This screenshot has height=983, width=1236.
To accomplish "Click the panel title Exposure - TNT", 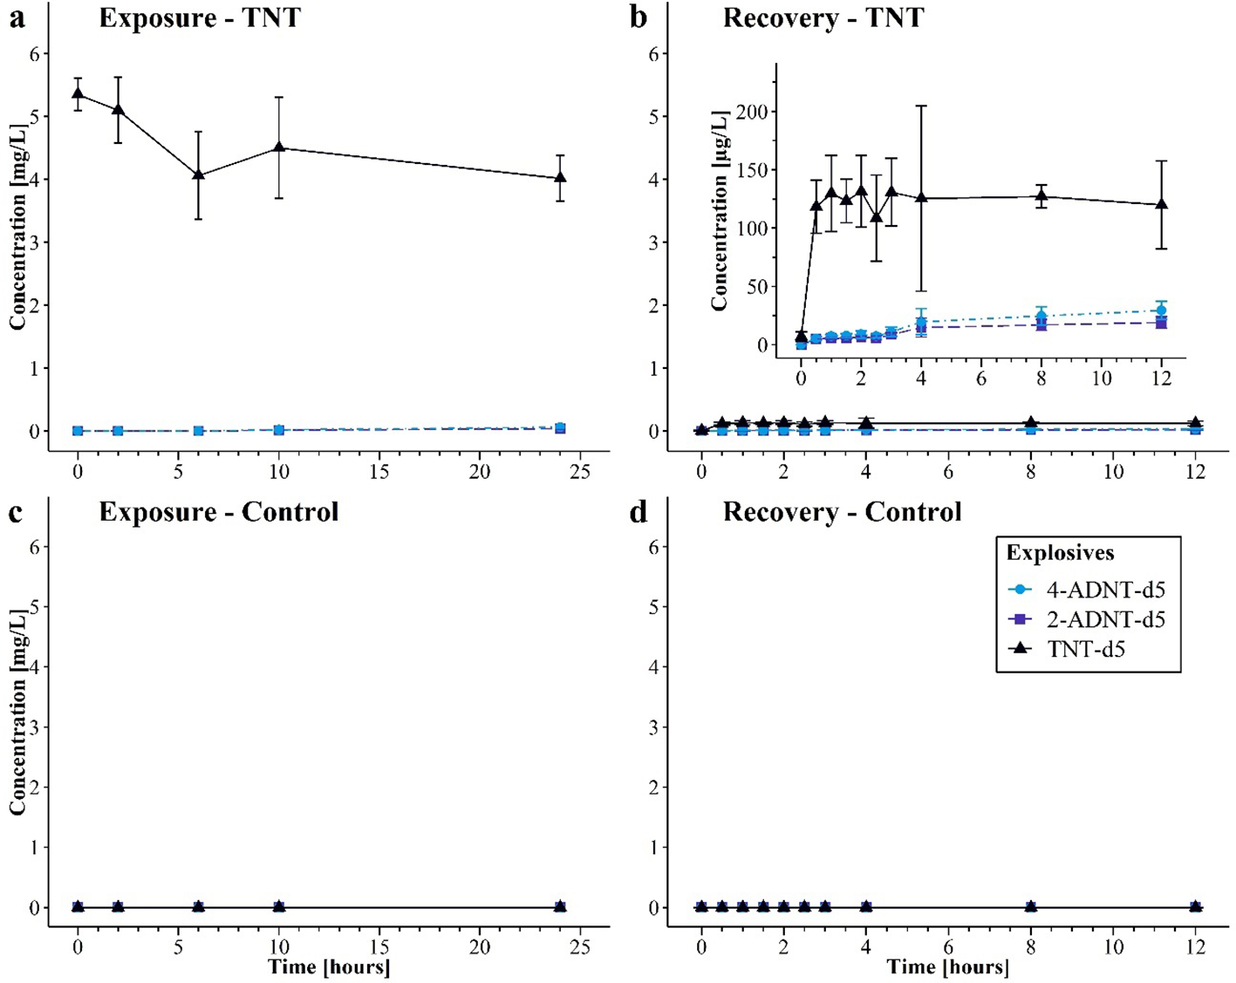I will pyautogui.click(x=199, y=17).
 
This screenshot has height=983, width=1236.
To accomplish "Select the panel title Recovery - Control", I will pyautogui.click(x=842, y=511).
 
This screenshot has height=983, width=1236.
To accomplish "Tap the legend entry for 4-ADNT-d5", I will pyautogui.click(x=1105, y=590).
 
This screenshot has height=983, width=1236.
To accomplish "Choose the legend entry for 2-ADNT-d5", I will pyautogui.click(x=1105, y=620).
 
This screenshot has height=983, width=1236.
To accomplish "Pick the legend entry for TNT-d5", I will pyautogui.click(x=1085, y=649).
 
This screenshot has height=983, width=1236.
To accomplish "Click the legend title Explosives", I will pyautogui.click(x=1060, y=553).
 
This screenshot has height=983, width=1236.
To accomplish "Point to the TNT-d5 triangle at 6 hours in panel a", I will pyautogui.click(x=198, y=174).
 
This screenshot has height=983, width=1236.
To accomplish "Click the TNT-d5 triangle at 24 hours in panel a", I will pyautogui.click(x=560, y=177).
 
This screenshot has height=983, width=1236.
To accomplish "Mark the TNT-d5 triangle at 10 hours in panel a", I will pyautogui.click(x=279, y=147).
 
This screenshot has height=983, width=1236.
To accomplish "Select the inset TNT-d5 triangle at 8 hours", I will pyautogui.click(x=1041, y=196).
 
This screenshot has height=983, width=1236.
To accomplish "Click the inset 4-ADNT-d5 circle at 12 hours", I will pyautogui.click(x=1161, y=310).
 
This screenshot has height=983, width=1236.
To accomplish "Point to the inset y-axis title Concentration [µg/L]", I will pyautogui.click(x=720, y=210).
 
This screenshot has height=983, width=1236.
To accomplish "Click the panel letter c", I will pyautogui.click(x=15, y=512).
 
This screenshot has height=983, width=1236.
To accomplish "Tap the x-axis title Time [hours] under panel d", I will pyautogui.click(x=948, y=966).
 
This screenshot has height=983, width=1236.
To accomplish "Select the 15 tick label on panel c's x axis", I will pyautogui.click(x=379, y=948).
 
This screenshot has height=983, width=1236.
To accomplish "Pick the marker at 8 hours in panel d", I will pyautogui.click(x=1031, y=907).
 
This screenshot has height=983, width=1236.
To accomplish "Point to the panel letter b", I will pyautogui.click(x=638, y=17).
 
